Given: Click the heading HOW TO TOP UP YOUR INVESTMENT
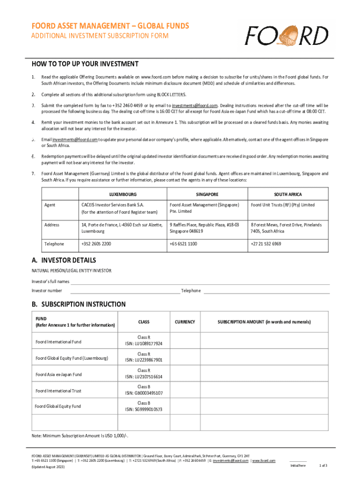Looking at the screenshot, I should pos(85,64).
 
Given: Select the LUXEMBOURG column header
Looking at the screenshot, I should pos(123,194).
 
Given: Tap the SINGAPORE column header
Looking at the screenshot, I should pos(207,194).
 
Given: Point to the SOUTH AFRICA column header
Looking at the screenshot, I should pos(288,194).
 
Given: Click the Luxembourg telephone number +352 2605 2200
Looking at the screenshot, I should pos(96,244).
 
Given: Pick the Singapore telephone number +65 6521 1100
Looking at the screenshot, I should pos(183,244).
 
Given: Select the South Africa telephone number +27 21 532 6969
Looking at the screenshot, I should pos(266,244).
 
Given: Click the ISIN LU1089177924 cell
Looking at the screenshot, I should pos(144,344).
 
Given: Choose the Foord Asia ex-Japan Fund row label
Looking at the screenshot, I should pos(59,374).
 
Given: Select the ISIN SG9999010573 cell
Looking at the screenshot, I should pos(144,409).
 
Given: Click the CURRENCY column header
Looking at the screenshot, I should pos(185,322).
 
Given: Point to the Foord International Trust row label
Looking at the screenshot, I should pos(58,391).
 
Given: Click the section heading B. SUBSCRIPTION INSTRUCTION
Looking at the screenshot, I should pos(79,304).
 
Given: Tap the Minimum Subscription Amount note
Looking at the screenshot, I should pos(80,436).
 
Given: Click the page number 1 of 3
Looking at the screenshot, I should pos(323,465).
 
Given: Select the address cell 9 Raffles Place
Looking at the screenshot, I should pos(205,228).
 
